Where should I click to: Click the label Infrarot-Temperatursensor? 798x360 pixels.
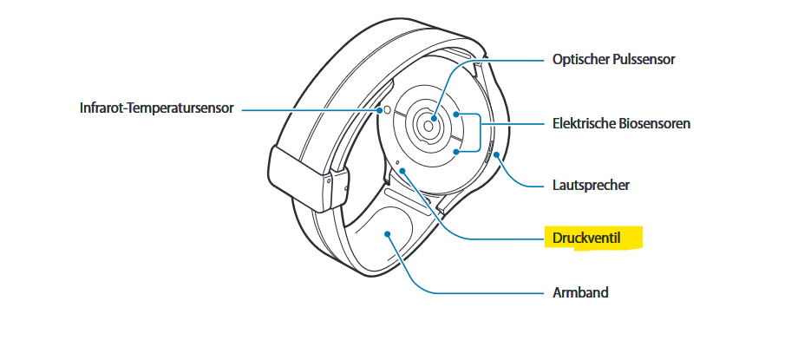pos(156,110)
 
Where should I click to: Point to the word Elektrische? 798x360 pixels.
pos(585,123)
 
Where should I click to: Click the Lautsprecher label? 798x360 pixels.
pos(591,185)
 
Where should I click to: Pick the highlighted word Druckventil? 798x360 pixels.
pos(586,237)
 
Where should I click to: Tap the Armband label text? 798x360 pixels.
pos(580,292)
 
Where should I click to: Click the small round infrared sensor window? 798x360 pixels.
pos(388,110)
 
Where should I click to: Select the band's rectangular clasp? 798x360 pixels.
pos(299,179)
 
